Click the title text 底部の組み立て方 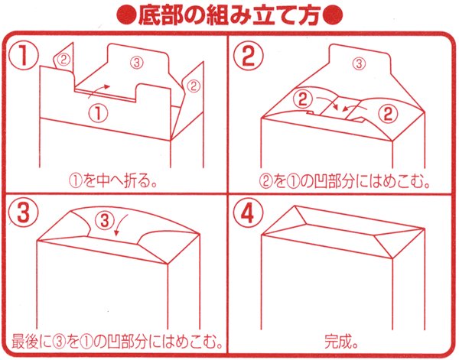point(229,15)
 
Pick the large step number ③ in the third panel point(25,213)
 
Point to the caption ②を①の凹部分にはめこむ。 point(342,182)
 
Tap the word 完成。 point(342,339)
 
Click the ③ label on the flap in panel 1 point(136,60)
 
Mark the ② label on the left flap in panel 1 point(64,58)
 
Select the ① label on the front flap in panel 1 point(99,112)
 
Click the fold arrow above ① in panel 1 point(98,90)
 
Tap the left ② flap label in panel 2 point(304,98)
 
